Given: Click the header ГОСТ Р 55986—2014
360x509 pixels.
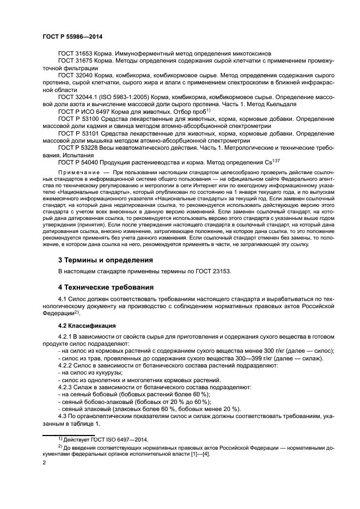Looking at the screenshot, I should click(72, 36).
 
